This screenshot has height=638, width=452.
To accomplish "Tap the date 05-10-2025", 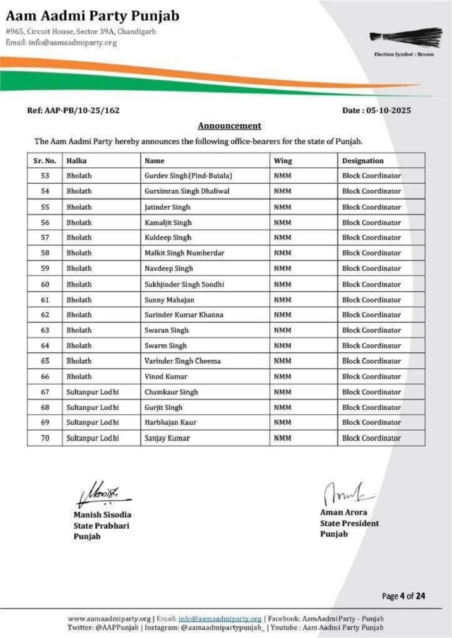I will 376,111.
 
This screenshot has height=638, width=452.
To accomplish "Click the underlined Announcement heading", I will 229,125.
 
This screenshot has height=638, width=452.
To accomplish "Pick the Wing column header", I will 283,161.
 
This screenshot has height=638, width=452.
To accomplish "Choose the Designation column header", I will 363,161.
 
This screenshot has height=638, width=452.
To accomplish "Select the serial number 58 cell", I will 45,253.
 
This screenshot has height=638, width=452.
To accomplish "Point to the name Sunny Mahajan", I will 169,299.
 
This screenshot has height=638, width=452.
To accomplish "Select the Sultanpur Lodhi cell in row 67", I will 92,392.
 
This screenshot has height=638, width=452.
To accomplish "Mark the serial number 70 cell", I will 45,438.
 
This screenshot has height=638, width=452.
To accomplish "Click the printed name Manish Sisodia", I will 102,514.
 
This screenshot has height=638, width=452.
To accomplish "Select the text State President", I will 349,523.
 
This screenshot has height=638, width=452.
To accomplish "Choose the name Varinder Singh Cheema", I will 182,361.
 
